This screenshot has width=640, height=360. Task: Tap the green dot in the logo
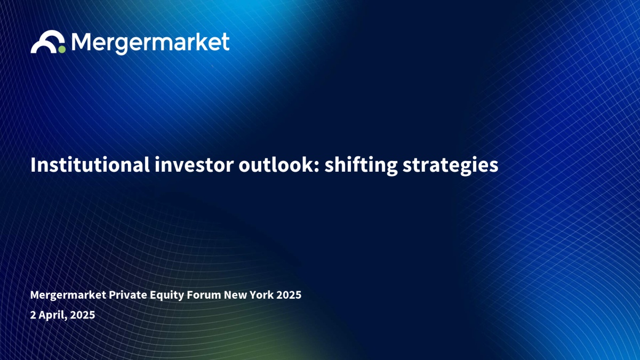click(62, 50)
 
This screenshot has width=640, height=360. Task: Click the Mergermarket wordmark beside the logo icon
click(150, 43)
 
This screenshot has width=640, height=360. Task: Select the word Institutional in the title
click(90, 165)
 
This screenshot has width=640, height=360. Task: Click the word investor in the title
click(194, 165)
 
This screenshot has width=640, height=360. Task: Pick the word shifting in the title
click(361, 166)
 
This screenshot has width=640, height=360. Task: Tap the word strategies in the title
click(450, 166)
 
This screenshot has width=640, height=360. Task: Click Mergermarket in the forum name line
click(68, 295)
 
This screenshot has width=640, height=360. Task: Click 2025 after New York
click(289, 295)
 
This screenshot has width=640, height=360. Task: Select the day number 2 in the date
click(33, 315)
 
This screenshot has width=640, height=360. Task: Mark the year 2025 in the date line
click(82, 315)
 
